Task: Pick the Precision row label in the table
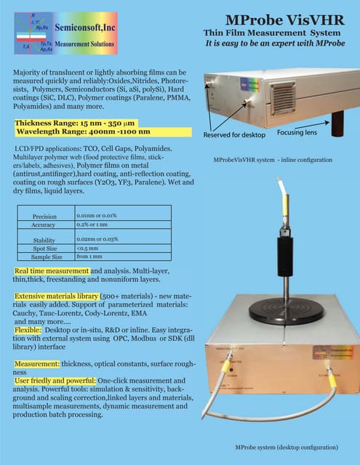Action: tap(45, 217)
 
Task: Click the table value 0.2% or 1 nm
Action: tap(97, 225)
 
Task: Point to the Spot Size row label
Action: tap(45, 248)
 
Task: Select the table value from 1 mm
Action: tap(91, 256)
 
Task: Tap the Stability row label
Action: tap(45, 240)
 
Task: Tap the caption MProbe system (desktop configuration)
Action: tap(287, 447)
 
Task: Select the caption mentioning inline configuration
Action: tap(273, 159)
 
